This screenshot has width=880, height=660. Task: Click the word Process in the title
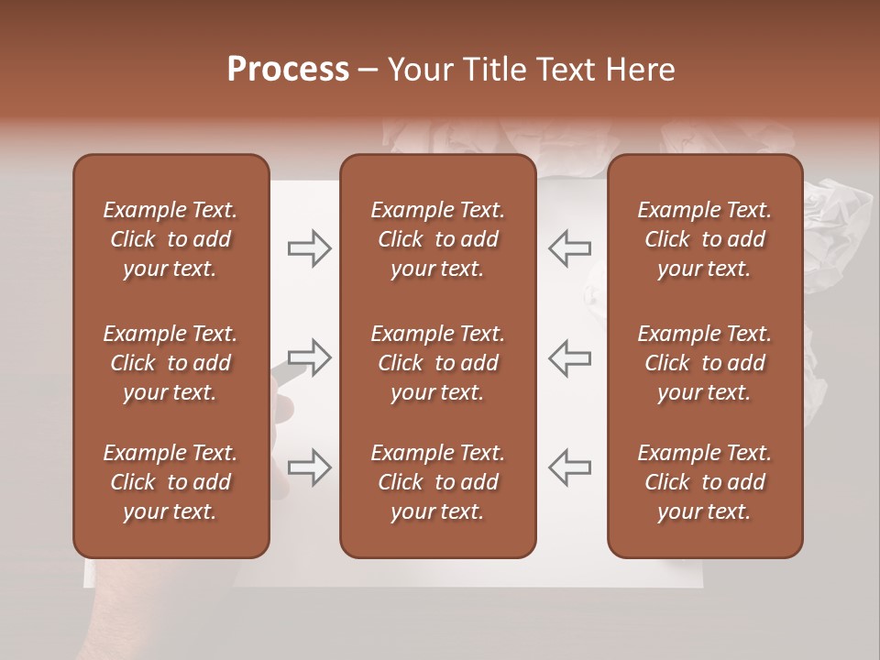pyautogui.click(x=288, y=70)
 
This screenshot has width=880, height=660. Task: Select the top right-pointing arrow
pyautogui.click(x=310, y=248)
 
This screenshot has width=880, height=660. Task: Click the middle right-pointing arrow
pyautogui.click(x=310, y=357)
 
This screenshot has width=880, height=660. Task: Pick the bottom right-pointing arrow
pyautogui.click(x=310, y=467)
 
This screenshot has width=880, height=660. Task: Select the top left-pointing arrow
pyautogui.click(x=569, y=248)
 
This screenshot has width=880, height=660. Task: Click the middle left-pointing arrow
pyautogui.click(x=569, y=357)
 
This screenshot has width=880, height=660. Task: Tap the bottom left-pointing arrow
pyautogui.click(x=569, y=467)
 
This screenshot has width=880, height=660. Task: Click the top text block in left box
pyautogui.click(x=170, y=239)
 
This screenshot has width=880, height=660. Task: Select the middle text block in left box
pyautogui.click(x=170, y=363)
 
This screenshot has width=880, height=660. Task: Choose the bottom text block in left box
pyautogui.click(x=170, y=482)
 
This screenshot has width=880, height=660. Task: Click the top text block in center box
pyautogui.click(x=437, y=239)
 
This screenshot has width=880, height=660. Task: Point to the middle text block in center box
pyautogui.click(x=437, y=363)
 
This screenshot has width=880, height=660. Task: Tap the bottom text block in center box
pyautogui.click(x=437, y=482)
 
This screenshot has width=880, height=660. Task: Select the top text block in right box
pyautogui.click(x=704, y=239)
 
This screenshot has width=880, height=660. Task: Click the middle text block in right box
pyautogui.click(x=704, y=363)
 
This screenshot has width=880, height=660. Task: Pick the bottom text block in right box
pyautogui.click(x=704, y=482)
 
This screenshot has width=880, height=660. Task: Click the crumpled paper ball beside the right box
pyautogui.click(x=836, y=229)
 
